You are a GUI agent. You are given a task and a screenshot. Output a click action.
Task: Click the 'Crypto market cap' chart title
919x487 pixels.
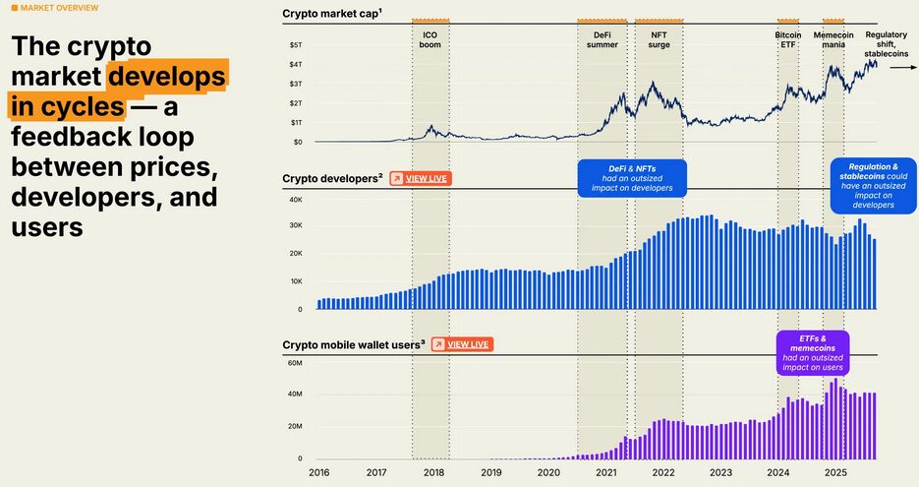[x=331, y=13]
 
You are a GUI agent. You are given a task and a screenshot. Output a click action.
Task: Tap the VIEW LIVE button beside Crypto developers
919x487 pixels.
[x=420, y=178]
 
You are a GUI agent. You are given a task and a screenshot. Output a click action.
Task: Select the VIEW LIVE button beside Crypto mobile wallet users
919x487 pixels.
[x=461, y=344]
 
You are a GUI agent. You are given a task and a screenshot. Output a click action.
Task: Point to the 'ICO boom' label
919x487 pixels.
[x=430, y=39]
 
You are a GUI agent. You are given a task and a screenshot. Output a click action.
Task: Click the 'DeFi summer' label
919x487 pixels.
[x=602, y=39]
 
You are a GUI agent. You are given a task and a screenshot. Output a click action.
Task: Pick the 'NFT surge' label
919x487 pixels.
[x=660, y=39]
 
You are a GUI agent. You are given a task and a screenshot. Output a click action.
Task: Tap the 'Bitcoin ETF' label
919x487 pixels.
[x=787, y=39]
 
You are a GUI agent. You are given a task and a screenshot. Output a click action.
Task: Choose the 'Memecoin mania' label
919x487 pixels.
[x=833, y=39]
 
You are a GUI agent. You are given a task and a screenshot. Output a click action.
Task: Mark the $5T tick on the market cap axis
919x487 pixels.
[x=296, y=45]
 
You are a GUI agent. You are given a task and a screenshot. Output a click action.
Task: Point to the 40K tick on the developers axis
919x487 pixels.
[x=295, y=200]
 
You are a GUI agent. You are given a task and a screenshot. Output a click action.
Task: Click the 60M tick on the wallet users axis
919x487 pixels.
[x=294, y=363]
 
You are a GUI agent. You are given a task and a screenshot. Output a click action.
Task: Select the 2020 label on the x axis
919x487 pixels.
[x=548, y=473]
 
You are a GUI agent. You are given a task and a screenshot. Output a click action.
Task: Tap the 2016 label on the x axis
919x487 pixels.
[x=319, y=473]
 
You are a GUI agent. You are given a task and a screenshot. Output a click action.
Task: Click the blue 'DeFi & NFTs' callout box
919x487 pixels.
[x=631, y=178]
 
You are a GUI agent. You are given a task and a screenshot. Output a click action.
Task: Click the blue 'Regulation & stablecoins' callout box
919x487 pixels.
[x=873, y=186]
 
